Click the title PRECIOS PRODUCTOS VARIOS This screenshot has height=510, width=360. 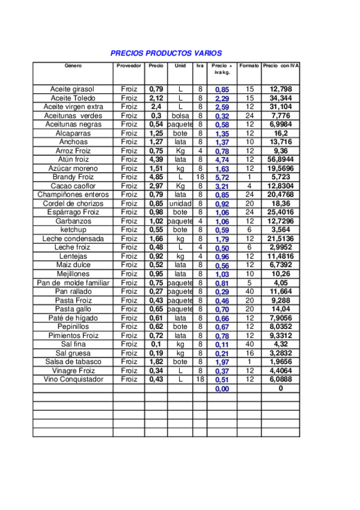click(x=166, y=53)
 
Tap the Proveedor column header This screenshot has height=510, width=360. click(x=128, y=65)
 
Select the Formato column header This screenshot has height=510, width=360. click(x=249, y=65)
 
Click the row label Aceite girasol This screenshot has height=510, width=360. click(x=73, y=89)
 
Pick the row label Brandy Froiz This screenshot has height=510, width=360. click(x=73, y=177)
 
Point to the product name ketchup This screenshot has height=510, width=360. click(x=73, y=230)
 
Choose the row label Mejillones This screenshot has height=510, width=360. click(x=73, y=274)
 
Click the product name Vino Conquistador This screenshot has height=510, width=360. click(x=73, y=379)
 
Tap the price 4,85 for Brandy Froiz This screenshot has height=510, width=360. click(x=156, y=177)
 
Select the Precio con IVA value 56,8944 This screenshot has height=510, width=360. click(x=281, y=159)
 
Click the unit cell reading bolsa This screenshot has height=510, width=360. click(x=180, y=115)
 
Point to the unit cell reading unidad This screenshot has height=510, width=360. click(x=180, y=203)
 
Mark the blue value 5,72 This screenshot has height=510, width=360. click(x=222, y=178)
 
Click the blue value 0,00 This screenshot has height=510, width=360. click(x=222, y=389)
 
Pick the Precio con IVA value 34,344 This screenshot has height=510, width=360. click(x=281, y=98)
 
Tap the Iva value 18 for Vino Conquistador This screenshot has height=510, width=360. click(x=200, y=379)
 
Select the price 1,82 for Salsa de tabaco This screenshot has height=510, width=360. click(x=156, y=362)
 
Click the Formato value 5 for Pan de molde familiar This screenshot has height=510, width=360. click(x=249, y=283)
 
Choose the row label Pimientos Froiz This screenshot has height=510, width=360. click(x=73, y=336)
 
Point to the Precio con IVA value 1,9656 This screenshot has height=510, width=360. click(x=281, y=362)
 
